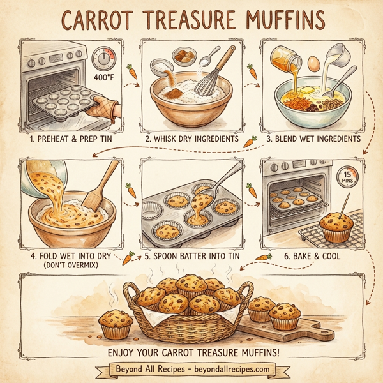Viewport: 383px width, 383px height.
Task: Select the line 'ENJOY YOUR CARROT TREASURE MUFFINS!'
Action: (191, 351)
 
